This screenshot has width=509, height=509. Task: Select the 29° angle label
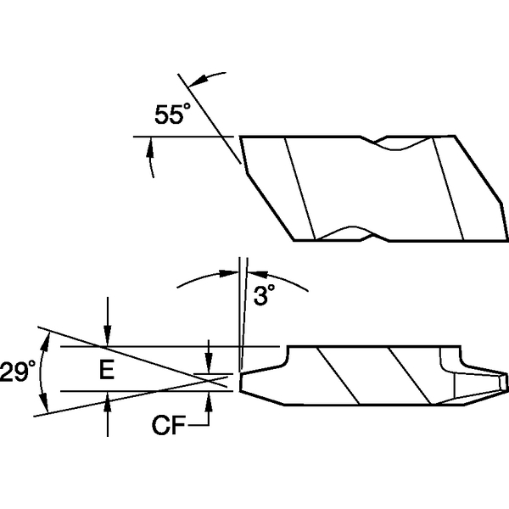click(19, 371)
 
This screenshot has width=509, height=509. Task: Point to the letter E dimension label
click(107, 370)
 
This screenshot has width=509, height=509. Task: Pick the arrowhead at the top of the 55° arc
click(194, 80)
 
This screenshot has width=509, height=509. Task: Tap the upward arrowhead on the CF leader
click(210, 392)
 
